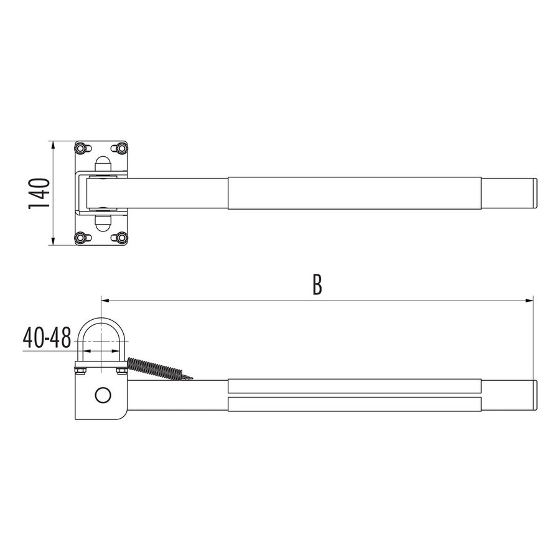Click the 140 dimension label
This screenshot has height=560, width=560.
[39, 193]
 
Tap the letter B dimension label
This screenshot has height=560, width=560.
[317, 285]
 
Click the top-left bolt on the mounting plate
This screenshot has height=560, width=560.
[81, 148]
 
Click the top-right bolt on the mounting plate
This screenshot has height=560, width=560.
[121, 148]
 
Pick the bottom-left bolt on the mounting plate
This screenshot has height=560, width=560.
[81, 237]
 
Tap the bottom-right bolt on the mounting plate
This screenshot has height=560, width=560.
[121, 237]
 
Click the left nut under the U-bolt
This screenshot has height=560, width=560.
[81, 372]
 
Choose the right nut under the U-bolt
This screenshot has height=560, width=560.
[121, 371]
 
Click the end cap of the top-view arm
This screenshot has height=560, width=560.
[534, 193]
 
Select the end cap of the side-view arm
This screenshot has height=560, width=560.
[534, 395]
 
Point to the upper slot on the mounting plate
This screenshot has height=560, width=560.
[103, 165]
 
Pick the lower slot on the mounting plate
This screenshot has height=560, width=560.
[103, 222]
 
